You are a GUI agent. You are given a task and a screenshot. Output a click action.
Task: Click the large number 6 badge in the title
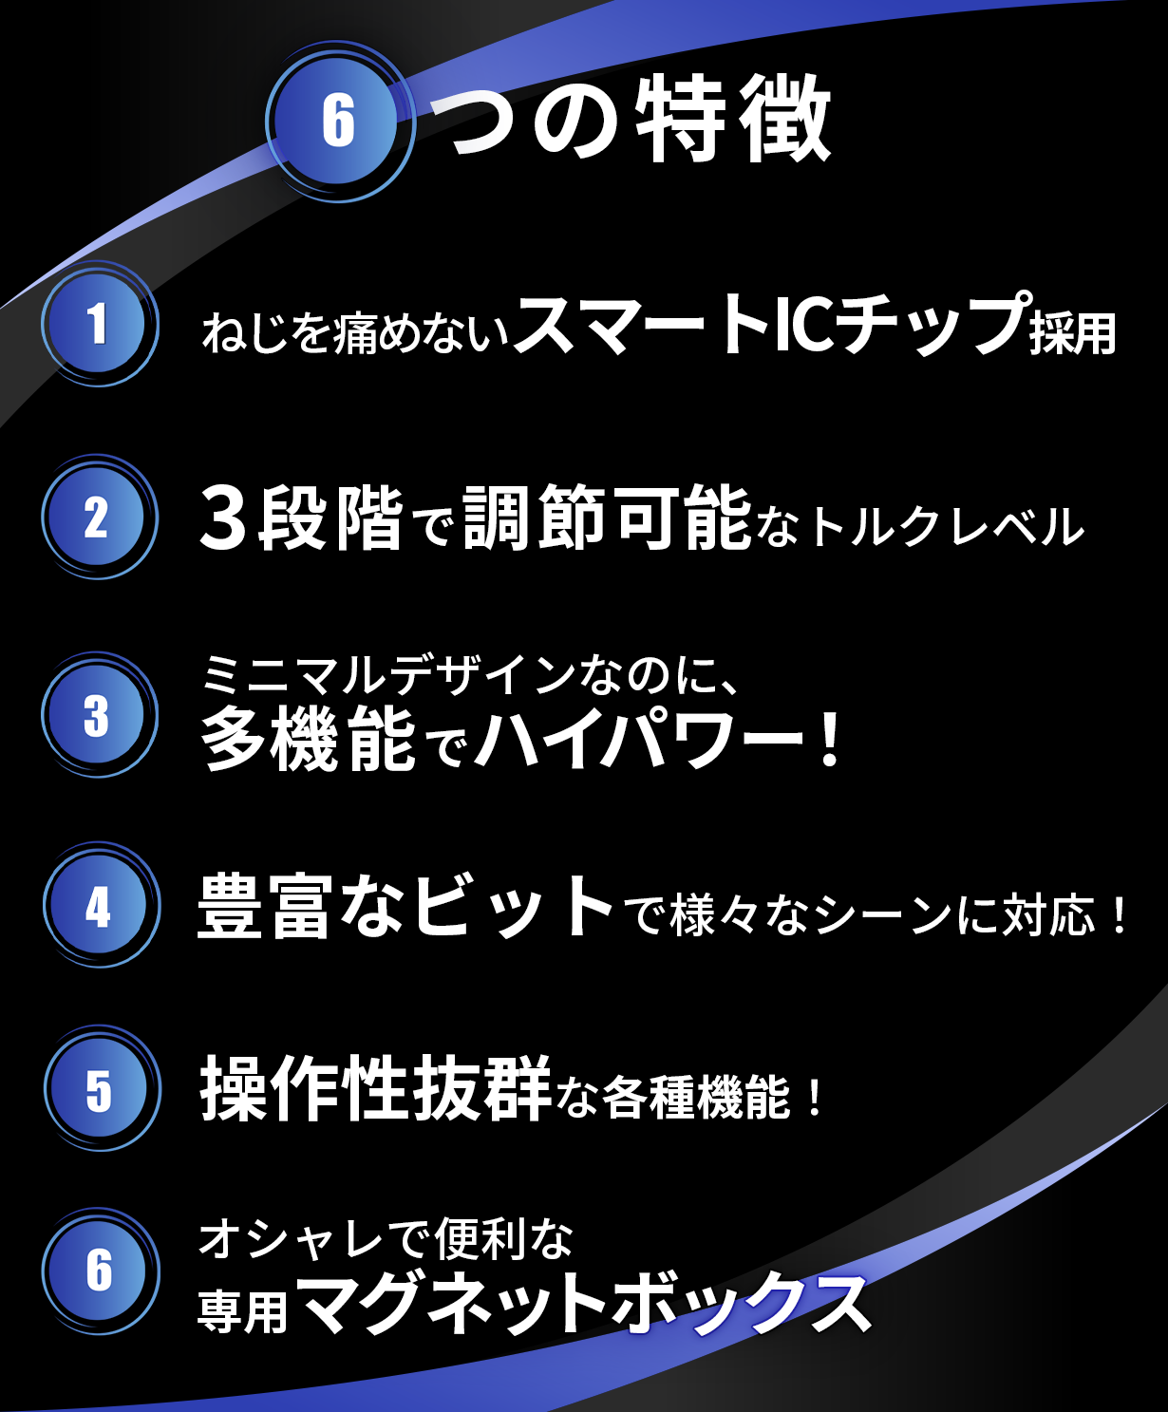[339, 122]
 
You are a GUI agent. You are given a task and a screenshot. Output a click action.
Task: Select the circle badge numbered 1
[100, 324]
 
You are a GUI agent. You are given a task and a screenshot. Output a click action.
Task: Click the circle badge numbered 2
[100, 518]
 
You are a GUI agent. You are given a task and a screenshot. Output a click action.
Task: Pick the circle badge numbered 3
[100, 715]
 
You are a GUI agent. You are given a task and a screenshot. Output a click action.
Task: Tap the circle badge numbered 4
[101, 905]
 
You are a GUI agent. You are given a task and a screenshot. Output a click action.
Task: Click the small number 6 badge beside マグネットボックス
[101, 1272]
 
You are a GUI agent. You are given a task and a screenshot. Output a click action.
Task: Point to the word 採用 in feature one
[1073, 333]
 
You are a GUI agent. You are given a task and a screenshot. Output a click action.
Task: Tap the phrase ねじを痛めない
[354, 333]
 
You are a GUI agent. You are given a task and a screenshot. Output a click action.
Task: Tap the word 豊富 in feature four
[265, 906]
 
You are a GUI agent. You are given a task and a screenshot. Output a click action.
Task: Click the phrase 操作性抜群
[376, 1089]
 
